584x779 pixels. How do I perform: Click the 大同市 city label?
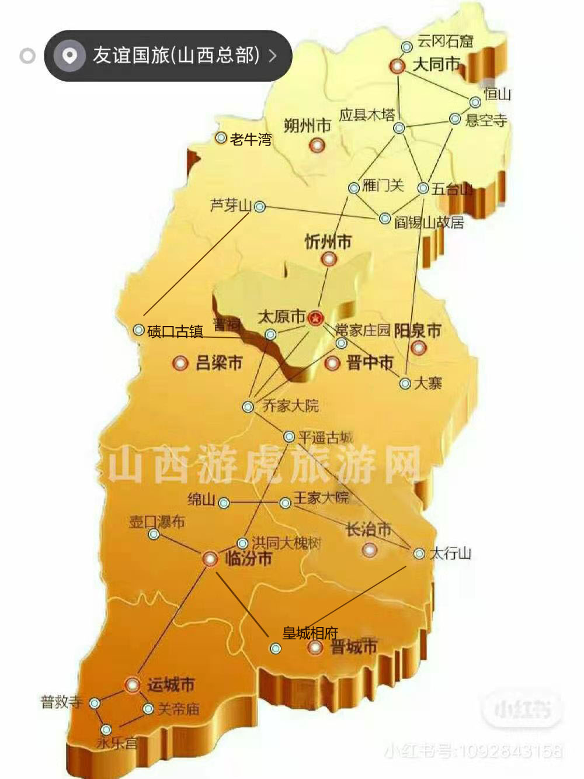click(436, 64)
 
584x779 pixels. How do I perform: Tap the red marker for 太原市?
click(316, 318)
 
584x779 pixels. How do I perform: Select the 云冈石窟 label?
click(445, 41)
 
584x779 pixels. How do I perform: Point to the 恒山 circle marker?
click(475, 103)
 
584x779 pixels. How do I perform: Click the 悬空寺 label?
click(486, 120)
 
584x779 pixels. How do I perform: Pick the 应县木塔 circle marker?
click(399, 128)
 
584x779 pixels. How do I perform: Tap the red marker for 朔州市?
click(317, 144)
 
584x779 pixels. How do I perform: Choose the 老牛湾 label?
click(251, 140)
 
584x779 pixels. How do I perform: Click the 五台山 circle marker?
click(423, 188)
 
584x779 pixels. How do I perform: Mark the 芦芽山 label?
click(231, 206)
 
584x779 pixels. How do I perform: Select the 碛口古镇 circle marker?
click(138, 330)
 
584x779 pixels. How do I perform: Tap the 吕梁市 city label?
click(219, 363)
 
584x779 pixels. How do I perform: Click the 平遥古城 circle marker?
click(288, 437)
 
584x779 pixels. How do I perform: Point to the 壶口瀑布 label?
click(157, 522)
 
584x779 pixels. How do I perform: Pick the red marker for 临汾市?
click(210, 559)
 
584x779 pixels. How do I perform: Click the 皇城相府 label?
click(310, 633)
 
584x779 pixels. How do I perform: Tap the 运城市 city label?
click(171, 684)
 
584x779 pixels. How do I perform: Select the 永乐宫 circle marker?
click(106, 730)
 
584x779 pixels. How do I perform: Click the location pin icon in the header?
click(69, 56)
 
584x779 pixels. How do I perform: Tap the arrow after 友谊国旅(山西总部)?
click(273, 56)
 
